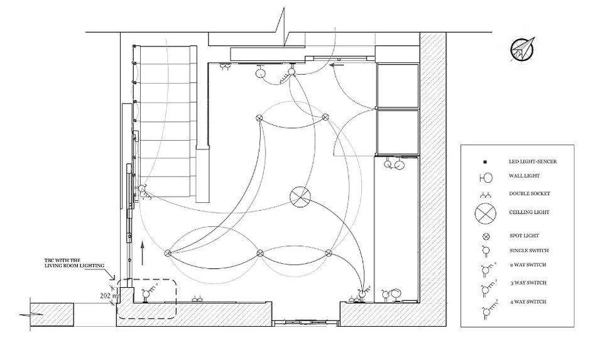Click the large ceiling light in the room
[300, 197]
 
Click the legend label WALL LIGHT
[524, 177]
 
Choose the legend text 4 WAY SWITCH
[528, 302]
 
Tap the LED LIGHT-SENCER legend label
[532, 161]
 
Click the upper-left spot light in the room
[259, 118]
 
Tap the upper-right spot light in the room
[325, 117]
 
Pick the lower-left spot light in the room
[168, 253]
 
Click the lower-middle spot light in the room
[260, 253]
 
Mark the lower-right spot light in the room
[329, 253]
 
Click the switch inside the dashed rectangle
[148, 292]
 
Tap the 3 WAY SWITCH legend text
[527, 283]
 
